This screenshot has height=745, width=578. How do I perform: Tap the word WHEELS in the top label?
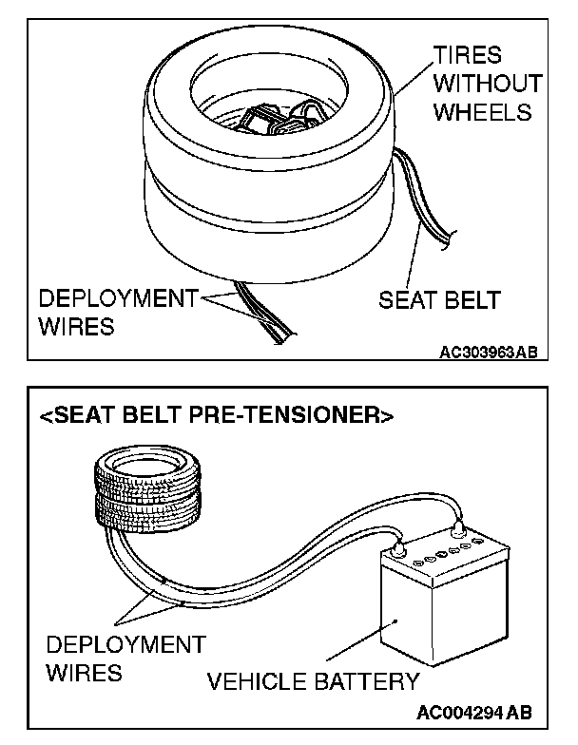(x=481, y=112)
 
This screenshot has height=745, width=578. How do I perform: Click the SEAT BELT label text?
(x=439, y=300)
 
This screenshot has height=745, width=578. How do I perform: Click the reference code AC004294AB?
(x=473, y=712)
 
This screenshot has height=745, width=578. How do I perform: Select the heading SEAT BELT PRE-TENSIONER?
(x=216, y=415)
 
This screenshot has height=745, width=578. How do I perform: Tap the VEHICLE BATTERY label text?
(x=313, y=680)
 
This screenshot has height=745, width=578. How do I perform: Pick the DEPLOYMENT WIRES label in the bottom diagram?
(x=125, y=659)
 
